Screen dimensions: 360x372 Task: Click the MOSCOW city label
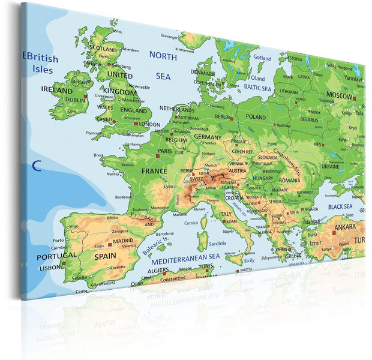[339, 95]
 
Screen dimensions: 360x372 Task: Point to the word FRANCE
[154, 171]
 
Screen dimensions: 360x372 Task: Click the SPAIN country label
[104, 256]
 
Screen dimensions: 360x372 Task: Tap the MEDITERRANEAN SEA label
[185, 262]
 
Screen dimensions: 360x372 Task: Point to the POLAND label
[256, 118]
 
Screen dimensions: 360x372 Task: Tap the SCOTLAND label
[103, 49]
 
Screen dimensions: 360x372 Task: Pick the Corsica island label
[190, 223]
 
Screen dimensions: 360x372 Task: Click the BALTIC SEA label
[257, 88]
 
